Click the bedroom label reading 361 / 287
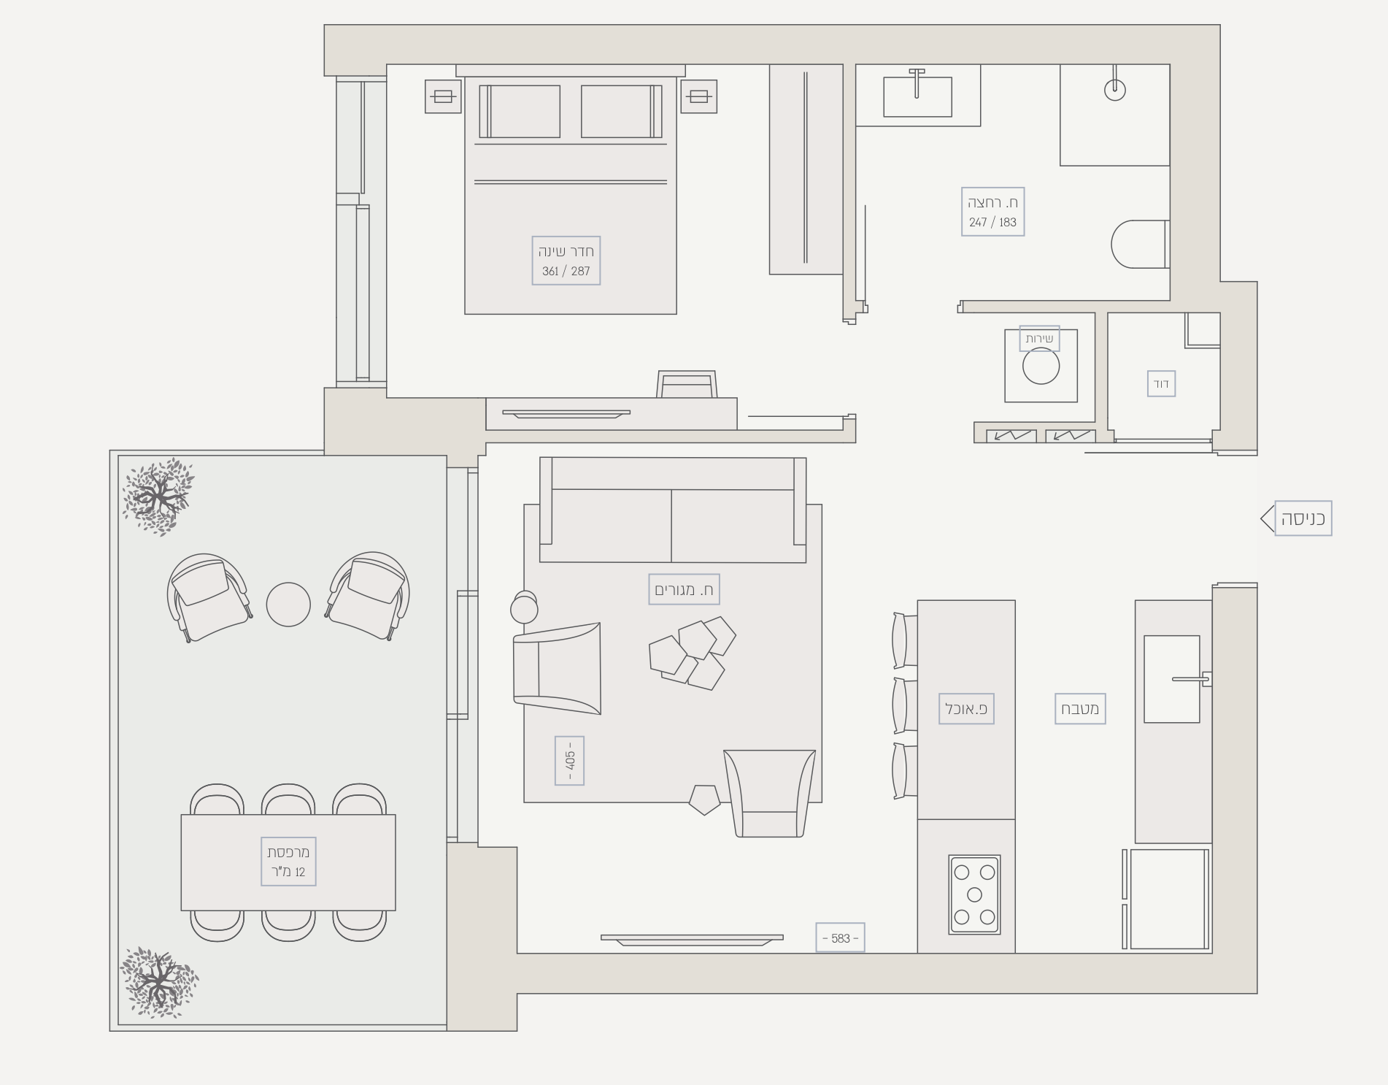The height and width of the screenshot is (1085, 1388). [566, 261]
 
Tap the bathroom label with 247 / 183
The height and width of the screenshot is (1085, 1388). [992, 212]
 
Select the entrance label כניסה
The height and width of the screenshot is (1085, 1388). [1303, 518]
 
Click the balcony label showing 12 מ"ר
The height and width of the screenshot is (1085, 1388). [288, 862]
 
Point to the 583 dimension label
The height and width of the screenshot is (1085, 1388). [840, 938]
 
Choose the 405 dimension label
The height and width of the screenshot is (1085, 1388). [569, 760]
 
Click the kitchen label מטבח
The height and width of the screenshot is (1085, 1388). [1080, 708]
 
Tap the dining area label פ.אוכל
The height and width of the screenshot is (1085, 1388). [966, 708]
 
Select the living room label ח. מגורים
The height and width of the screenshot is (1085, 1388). [684, 589]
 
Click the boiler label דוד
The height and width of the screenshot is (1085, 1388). [1161, 383]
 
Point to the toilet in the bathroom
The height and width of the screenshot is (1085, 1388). [1140, 244]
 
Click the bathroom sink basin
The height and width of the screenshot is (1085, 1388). [917, 96]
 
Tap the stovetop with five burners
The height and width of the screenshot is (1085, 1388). [974, 894]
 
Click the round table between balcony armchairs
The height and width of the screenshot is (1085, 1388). [288, 605]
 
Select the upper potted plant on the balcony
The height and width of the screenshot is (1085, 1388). [157, 497]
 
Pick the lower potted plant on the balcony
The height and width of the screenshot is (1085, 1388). [158, 982]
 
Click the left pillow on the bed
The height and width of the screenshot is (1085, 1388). [520, 111]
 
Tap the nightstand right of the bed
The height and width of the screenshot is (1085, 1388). [698, 96]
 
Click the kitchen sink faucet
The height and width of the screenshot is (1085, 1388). [1191, 679]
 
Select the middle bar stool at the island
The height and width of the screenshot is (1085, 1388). [905, 705]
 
